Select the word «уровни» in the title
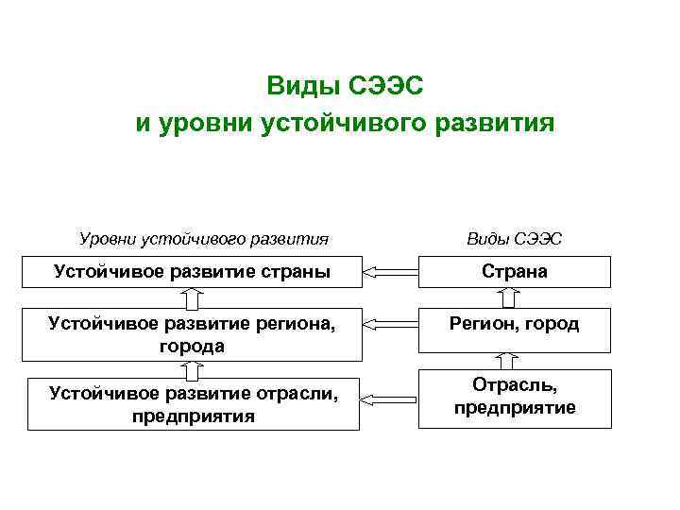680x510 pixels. tap(200, 124)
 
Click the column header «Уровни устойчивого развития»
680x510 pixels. tap(202, 239)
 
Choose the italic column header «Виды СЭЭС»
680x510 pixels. tap(514, 239)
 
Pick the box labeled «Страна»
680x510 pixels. tap(514, 272)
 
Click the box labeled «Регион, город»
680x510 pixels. tap(514, 324)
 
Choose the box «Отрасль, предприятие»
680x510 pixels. tap(514, 398)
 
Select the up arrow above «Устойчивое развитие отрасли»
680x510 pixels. tap(192, 370)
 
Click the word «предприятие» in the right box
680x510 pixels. tap(514, 408)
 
